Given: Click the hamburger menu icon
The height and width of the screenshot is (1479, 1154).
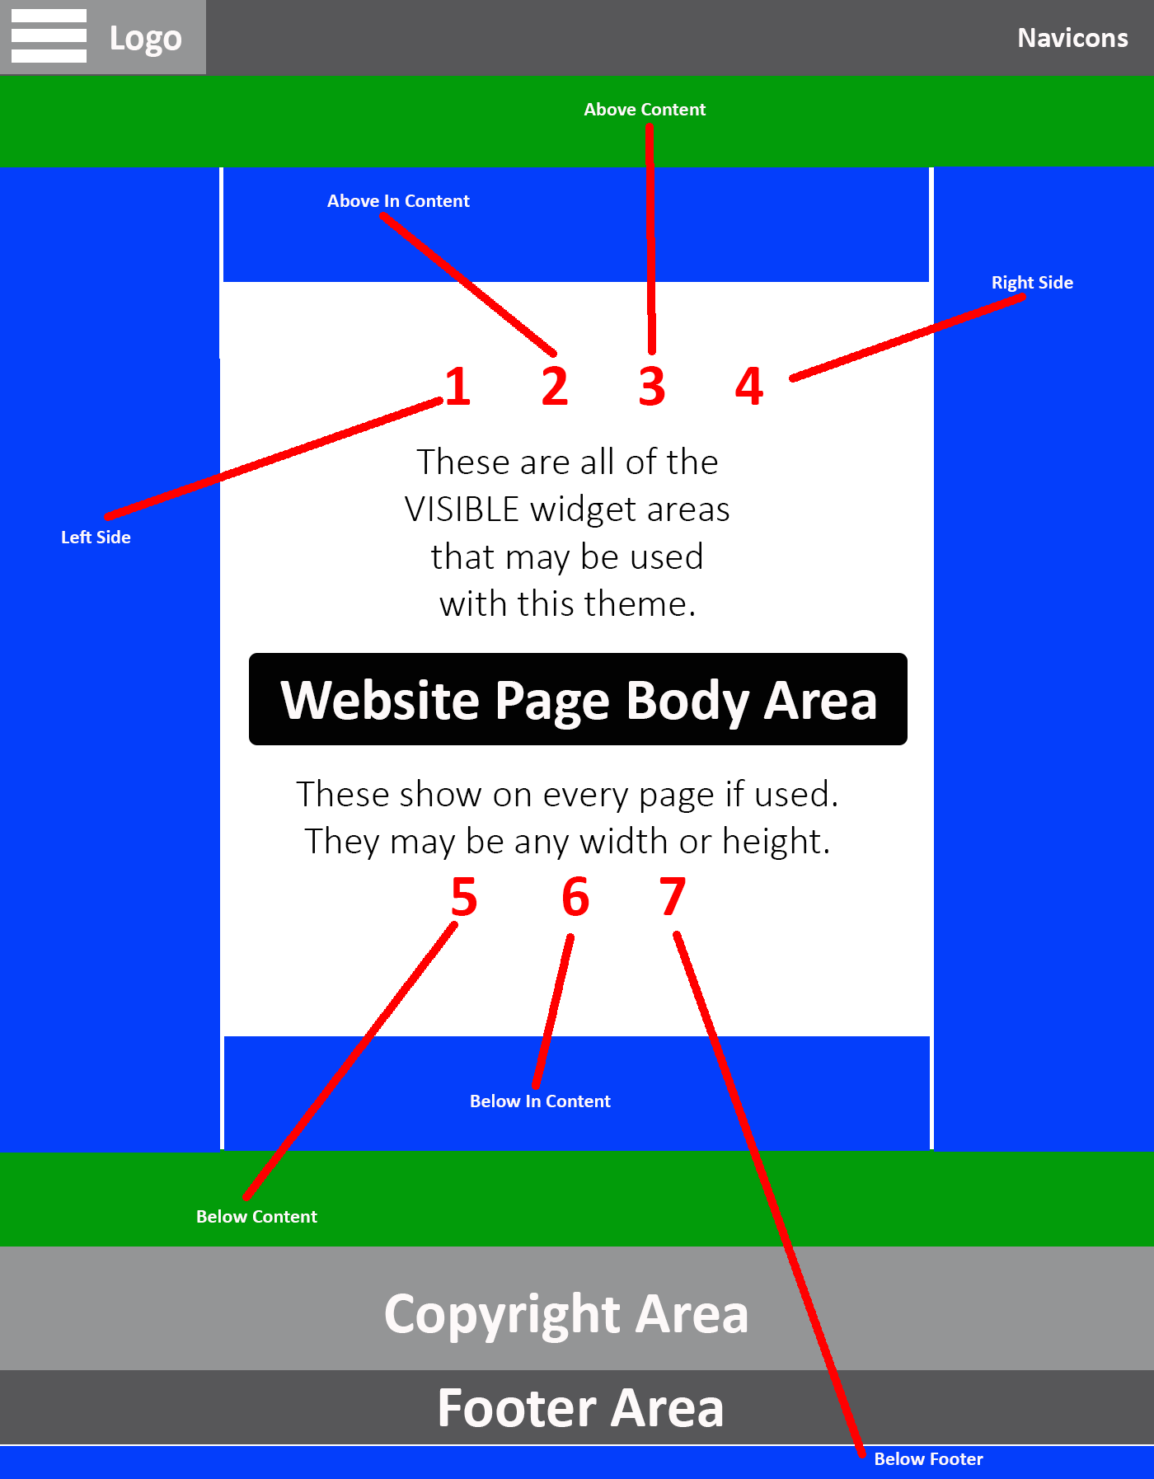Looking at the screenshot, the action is coord(49,35).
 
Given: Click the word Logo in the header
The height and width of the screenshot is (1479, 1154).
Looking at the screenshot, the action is coord(146,39).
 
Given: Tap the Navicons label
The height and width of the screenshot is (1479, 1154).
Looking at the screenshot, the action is coord(1072,38).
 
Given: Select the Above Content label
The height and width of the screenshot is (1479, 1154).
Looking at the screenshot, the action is coord(645,110).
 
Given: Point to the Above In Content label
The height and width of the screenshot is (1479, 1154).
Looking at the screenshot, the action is coord(398,201).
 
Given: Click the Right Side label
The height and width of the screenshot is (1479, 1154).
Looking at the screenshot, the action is coord(1032,283).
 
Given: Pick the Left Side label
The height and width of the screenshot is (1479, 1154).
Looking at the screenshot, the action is coord(96,538).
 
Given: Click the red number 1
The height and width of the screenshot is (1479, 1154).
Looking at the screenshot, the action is coord(458,386).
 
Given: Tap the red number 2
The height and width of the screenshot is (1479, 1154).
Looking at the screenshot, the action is coord(555,386).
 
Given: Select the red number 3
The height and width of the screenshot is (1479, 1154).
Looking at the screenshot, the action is coord(652,386).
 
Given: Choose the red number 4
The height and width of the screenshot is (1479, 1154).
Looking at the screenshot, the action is coord(749,386).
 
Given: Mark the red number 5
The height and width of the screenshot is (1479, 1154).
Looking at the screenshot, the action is coord(464,897).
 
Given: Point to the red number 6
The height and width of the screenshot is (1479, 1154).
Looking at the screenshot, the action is coord(575,897).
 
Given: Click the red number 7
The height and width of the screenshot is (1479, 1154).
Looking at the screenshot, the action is coord(673,897).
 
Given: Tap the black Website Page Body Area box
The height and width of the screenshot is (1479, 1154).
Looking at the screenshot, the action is coord(578,699).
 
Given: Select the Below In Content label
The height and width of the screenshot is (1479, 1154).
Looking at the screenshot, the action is coord(540,1101).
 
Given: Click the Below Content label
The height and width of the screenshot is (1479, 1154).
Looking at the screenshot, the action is coord(256,1217).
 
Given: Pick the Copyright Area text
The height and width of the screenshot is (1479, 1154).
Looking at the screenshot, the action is coord(566,1314).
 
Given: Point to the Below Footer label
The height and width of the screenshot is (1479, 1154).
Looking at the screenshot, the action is coord(928,1459).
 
